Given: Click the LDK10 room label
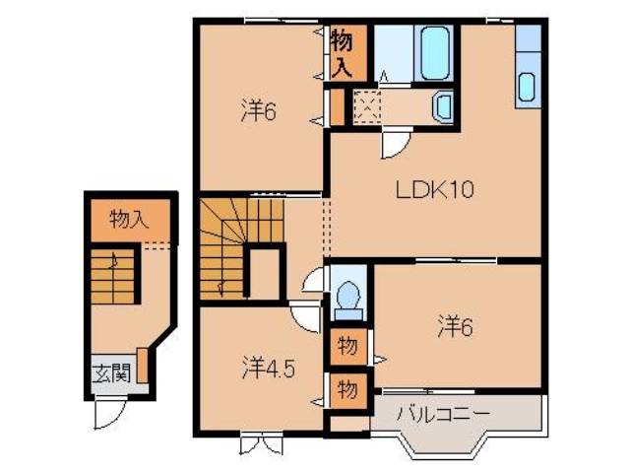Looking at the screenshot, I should coord(436,190).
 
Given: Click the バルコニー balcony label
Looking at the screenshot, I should coord(443,413).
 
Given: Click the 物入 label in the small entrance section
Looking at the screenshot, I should coord(129,218).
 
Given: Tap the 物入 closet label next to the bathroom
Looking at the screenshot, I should coord(342,53).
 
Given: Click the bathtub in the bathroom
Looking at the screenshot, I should coord(433,53).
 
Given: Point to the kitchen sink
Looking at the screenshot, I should coord(526,87).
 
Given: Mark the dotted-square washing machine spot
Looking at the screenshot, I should coord(368,104).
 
